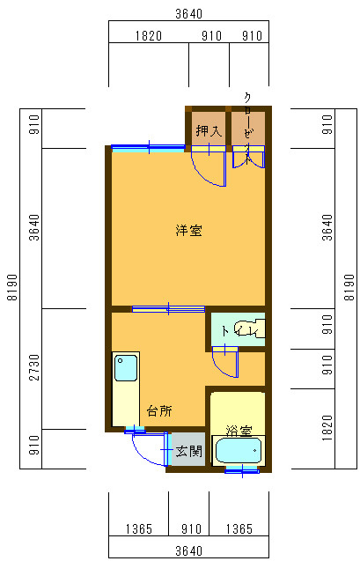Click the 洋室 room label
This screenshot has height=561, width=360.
(188, 232)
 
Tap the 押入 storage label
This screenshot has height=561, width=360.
(208, 132)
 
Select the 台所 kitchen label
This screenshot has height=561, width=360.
(159, 411)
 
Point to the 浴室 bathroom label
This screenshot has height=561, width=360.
(239, 432)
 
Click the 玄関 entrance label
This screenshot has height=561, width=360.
(187, 452)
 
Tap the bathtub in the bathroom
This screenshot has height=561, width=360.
(239, 453)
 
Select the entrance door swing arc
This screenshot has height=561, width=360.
(145, 450)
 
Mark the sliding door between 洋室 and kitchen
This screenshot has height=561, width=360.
(168, 308)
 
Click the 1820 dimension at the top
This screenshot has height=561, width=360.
(149, 36)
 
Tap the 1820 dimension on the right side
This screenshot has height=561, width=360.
(327, 429)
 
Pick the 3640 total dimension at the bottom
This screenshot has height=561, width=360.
(188, 550)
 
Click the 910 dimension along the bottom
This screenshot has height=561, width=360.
(188, 529)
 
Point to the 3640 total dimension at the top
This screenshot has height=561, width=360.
(188, 13)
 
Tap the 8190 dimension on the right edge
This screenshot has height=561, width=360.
(349, 287)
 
